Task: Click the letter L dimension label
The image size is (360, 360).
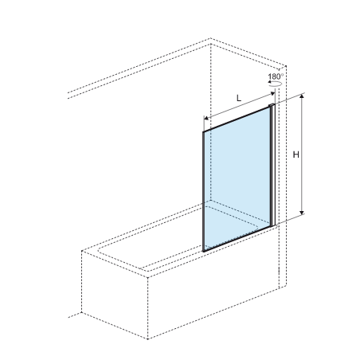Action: pos(239,98)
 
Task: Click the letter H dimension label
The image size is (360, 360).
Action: pos(295,155)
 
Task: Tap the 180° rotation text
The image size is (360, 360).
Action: pos(276,76)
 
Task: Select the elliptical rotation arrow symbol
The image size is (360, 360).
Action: pos(275,84)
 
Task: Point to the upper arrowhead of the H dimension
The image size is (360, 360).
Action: pos(302,96)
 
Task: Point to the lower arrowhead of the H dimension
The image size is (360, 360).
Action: pos(302,212)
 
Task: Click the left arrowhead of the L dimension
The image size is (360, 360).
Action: pos(206,119)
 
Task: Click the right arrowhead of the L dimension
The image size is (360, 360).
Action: pos(272,93)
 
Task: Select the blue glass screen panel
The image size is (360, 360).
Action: pos(237,178)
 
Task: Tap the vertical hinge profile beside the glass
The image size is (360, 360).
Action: pos(272,165)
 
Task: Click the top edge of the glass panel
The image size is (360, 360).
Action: pos(237,119)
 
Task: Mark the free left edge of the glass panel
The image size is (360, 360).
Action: pos(203,191)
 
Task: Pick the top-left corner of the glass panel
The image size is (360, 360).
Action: pos(203,132)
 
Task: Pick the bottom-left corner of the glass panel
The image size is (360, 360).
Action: pos(203,251)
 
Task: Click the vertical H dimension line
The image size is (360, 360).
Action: pos(302,154)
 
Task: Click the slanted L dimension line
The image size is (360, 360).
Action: pos(239,106)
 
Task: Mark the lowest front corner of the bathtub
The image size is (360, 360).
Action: pos(147,338)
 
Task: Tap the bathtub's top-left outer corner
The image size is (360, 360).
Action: pos(82,251)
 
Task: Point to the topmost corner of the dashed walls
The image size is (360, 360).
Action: pos(210,38)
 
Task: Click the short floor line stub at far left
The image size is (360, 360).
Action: pos(75,315)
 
